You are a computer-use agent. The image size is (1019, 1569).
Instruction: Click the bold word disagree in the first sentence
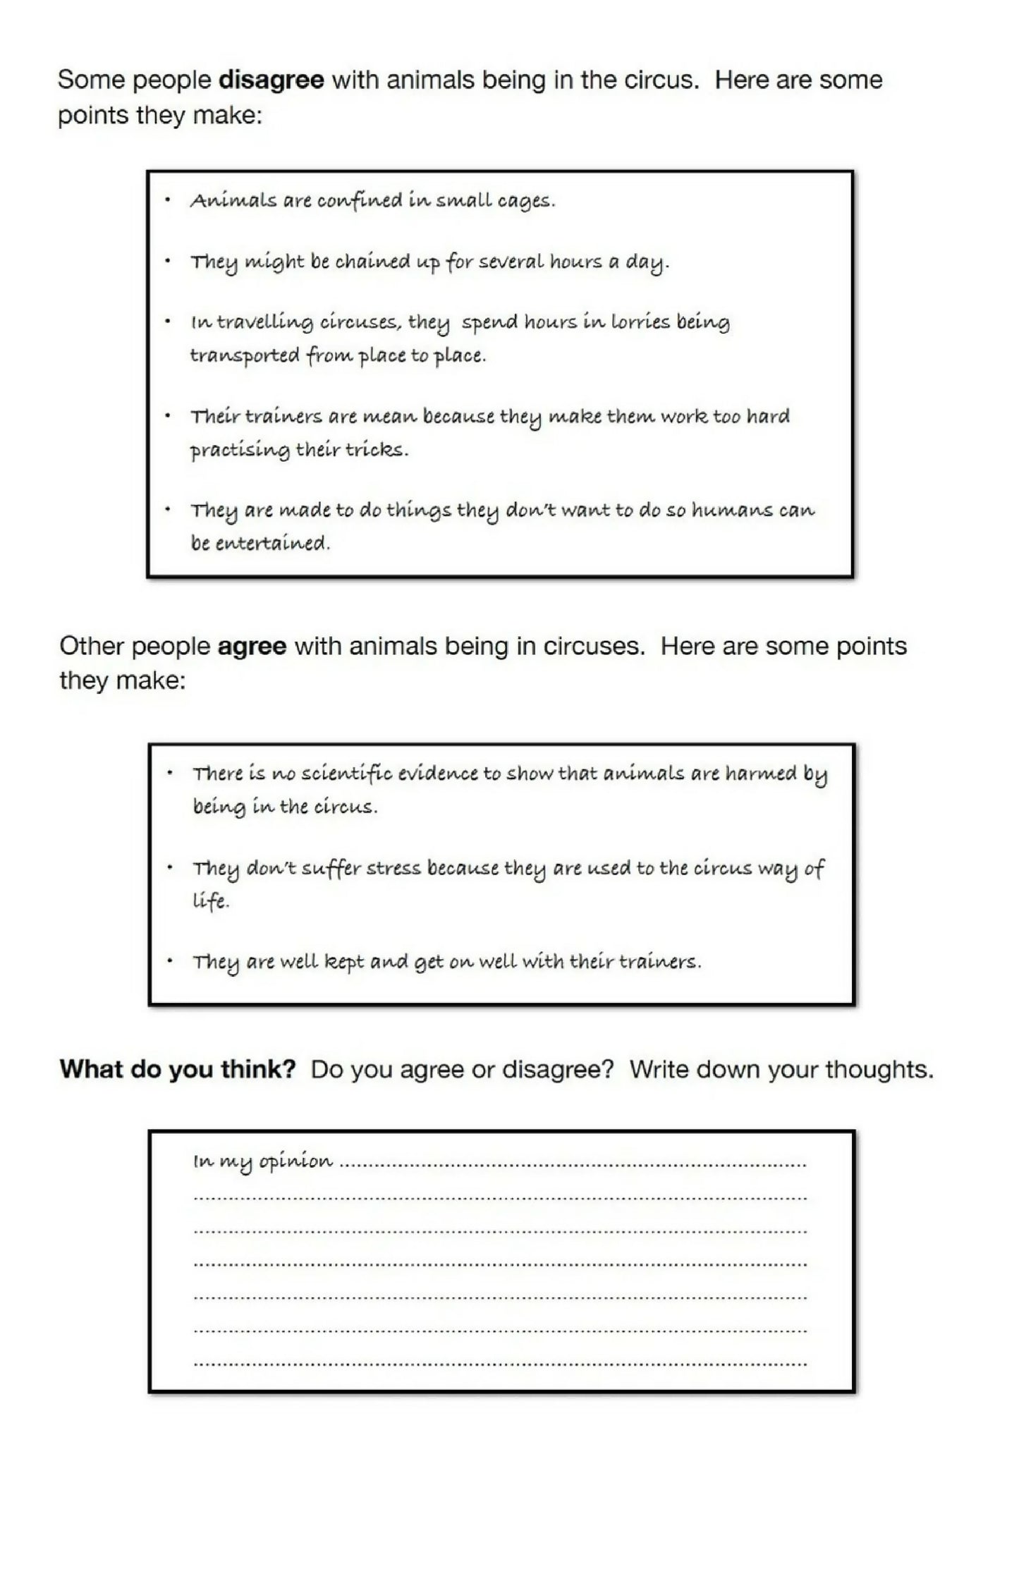[x=271, y=80]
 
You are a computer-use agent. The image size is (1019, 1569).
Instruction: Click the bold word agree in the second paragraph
[x=252, y=646]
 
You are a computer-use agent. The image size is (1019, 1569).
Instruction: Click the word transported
[x=245, y=355]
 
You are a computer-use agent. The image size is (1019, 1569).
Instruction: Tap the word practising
[x=240, y=450]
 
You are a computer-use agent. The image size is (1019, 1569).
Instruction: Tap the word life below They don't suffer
[x=209, y=901]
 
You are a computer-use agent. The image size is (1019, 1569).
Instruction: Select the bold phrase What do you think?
[x=178, y=1069]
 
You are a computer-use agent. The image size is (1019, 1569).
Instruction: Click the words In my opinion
[x=262, y=1161]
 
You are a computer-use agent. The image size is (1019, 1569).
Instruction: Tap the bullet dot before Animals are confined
[x=167, y=200]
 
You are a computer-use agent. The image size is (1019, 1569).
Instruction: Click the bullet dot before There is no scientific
[x=170, y=773]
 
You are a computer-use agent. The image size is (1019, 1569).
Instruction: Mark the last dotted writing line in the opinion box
[x=500, y=1364]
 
